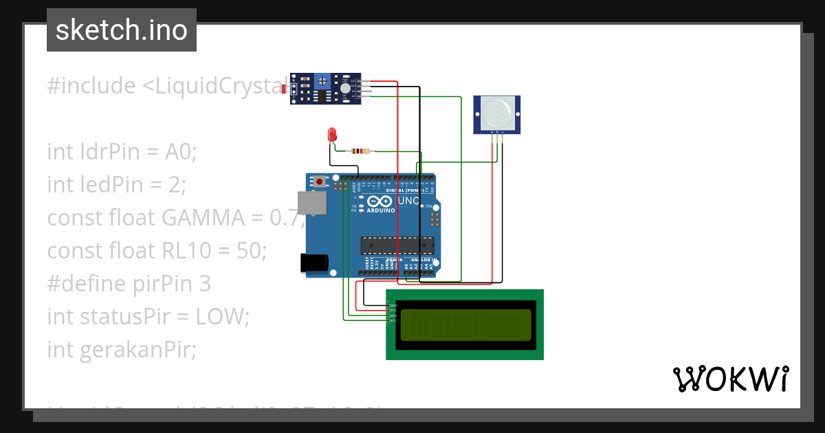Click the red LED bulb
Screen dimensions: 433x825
pyautogui.click(x=332, y=134)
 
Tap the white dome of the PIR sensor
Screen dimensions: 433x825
pyautogui.click(x=496, y=111)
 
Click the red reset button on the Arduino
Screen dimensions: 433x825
pyautogui.click(x=320, y=182)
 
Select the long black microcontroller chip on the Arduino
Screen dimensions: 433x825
pyautogui.click(x=397, y=245)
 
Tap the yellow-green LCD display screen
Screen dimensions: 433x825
pyautogui.click(x=465, y=325)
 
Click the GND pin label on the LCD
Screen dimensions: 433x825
pyautogui.click(x=393, y=304)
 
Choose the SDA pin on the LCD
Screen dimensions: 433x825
pyautogui.click(x=393, y=315)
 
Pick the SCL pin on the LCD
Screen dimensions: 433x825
pyautogui.click(x=393, y=321)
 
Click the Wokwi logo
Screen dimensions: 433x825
pyautogui.click(x=730, y=379)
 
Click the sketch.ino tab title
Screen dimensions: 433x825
pyautogui.click(x=122, y=30)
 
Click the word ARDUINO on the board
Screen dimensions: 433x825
pyautogui.click(x=381, y=210)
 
